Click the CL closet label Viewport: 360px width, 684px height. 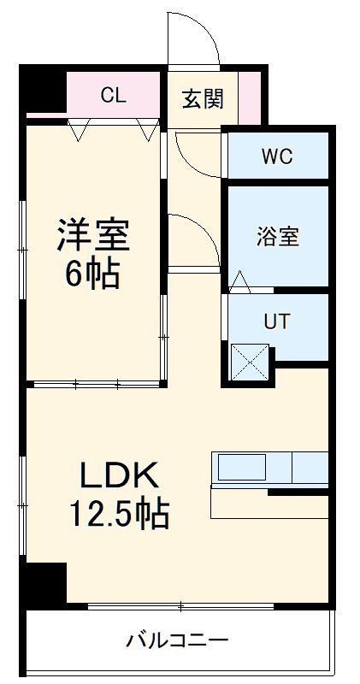click(x=113, y=95)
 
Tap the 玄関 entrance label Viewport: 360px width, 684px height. click(x=204, y=97)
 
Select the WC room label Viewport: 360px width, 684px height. click(x=277, y=156)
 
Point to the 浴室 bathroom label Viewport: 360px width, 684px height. click(x=278, y=238)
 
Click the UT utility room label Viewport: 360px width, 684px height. click(x=276, y=321)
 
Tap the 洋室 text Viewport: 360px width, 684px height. click(x=93, y=234)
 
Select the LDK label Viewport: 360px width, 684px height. click(x=120, y=475)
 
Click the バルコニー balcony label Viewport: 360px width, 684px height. click(x=178, y=639)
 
